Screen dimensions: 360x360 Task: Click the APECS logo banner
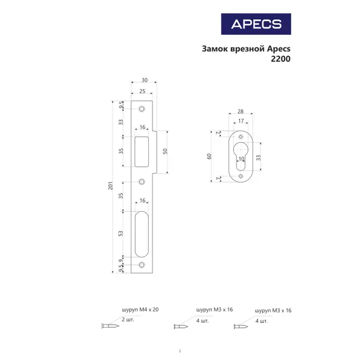[x=256, y=24]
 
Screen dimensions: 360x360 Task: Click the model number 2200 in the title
[x=281, y=59]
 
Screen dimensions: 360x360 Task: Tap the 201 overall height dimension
[x=110, y=186]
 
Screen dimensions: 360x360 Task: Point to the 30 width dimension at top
[x=145, y=80]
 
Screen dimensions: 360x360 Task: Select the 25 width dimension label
[x=142, y=91]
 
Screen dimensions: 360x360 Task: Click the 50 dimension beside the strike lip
[x=165, y=151]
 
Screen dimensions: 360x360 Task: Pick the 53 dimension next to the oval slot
[x=121, y=233]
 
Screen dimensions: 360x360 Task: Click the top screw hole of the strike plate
[x=142, y=109]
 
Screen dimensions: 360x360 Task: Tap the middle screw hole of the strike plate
[x=142, y=182]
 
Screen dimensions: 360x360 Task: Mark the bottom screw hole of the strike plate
[x=142, y=265]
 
